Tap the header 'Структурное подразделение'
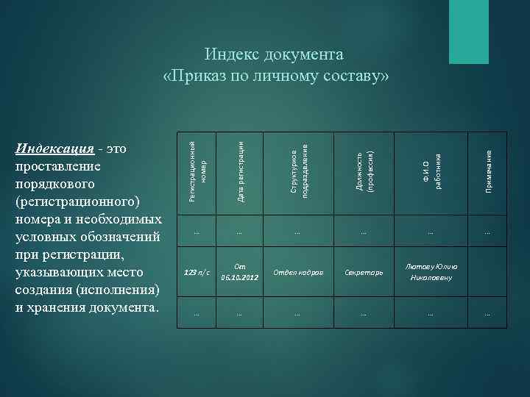[x=298, y=168]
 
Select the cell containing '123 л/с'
[x=197, y=273]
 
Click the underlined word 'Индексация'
[x=54, y=149]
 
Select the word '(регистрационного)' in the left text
[x=76, y=201]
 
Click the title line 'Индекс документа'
[x=274, y=55]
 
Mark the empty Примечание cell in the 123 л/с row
[x=487, y=273]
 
